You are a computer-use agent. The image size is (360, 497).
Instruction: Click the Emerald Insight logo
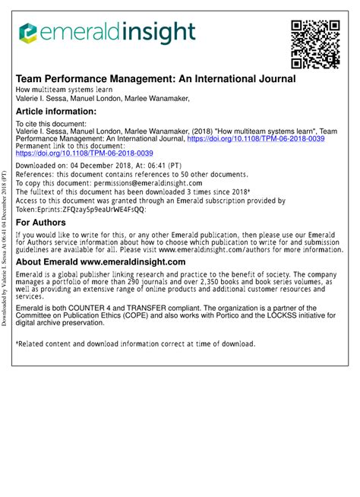[x=106, y=33]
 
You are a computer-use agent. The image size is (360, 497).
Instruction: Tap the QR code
[x=315, y=43]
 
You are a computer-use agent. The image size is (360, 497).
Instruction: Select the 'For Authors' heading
[x=48, y=223]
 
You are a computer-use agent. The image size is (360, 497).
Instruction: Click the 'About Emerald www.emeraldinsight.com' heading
[x=100, y=262]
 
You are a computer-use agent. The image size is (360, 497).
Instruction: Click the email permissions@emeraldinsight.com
[x=161, y=183]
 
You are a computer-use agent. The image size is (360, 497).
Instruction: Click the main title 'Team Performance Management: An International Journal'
[x=156, y=78]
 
